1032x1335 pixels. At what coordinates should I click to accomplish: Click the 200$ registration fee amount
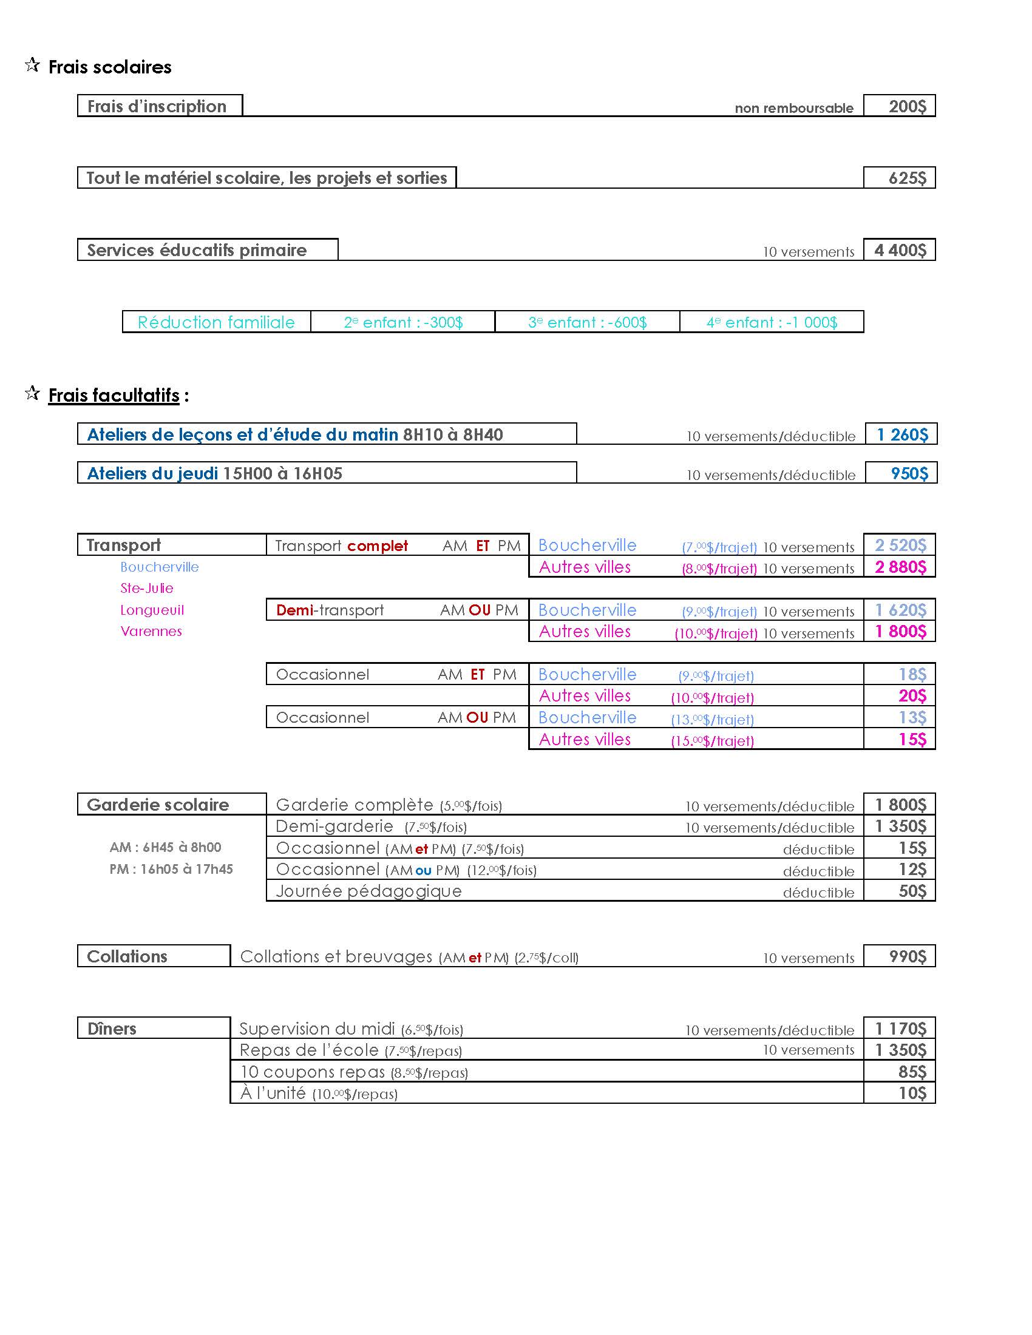(x=907, y=106)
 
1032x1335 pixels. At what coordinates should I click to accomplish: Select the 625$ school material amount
(x=907, y=178)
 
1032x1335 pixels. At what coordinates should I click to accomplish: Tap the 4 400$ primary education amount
(x=900, y=250)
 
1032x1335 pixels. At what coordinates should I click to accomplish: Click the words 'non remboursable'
(x=793, y=108)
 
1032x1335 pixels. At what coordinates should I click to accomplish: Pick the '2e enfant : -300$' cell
(x=403, y=322)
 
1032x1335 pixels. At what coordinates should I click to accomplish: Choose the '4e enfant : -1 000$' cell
(x=772, y=322)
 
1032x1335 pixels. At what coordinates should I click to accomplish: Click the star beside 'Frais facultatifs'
(x=32, y=393)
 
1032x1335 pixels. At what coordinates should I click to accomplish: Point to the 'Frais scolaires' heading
(x=110, y=67)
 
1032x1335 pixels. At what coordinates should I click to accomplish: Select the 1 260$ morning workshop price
(x=901, y=434)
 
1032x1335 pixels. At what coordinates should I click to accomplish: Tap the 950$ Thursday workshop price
(x=909, y=473)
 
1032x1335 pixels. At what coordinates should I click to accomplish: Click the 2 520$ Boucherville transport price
(x=900, y=546)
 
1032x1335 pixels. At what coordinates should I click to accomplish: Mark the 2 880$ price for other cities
(x=900, y=567)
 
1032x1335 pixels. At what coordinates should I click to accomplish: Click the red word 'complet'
(x=377, y=546)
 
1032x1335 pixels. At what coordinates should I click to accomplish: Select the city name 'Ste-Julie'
(x=147, y=588)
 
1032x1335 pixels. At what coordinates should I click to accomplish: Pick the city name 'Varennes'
(x=151, y=631)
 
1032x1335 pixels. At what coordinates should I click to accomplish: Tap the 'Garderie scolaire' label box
(x=158, y=805)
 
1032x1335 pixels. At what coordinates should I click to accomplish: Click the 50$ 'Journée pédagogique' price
(x=912, y=891)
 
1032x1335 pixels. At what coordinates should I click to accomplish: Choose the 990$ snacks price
(x=908, y=956)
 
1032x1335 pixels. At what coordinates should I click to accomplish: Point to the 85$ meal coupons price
(x=912, y=1072)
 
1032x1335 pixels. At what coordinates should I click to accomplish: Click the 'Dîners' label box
(x=112, y=1028)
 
